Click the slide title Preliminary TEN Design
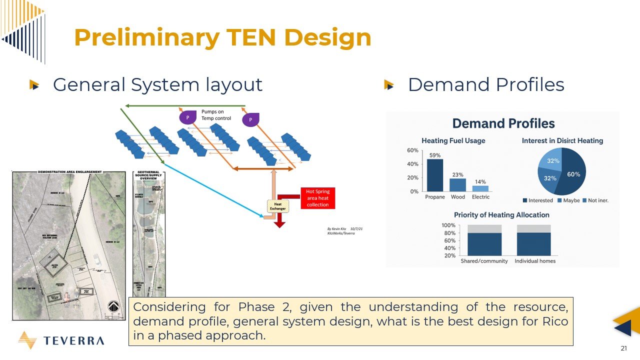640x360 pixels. pyautogui.click(x=222, y=38)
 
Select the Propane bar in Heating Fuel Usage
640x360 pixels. pyautogui.click(x=434, y=175)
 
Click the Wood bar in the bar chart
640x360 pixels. pyautogui.click(x=457, y=185)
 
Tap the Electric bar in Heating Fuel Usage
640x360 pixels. pyautogui.click(x=480, y=188)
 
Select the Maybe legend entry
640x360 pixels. pyautogui.click(x=569, y=200)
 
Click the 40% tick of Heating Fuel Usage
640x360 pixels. pyautogui.click(x=412, y=164)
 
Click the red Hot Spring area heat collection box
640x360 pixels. pyautogui.click(x=317, y=198)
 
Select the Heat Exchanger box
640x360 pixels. pyautogui.click(x=277, y=205)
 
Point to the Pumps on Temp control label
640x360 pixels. pyautogui.click(x=216, y=115)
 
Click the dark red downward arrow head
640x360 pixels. pyautogui.click(x=279, y=224)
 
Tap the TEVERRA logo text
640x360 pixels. pyautogui.click(x=73, y=341)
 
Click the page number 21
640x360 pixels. pyautogui.click(x=624, y=348)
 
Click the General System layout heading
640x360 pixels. pyautogui.click(x=157, y=84)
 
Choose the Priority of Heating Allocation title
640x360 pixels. pyautogui.click(x=501, y=215)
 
